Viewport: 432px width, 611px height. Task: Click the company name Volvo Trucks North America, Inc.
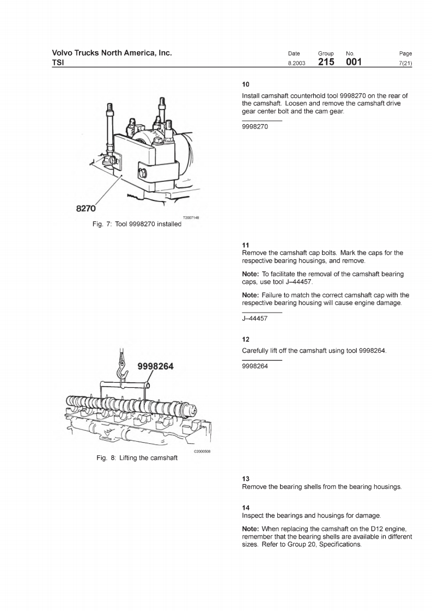pos(112,53)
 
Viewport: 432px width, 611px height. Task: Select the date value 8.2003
pos(296,64)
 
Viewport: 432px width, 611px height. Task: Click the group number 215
pos(326,63)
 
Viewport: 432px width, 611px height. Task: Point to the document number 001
pos(354,63)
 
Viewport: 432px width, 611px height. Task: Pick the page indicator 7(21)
pos(405,64)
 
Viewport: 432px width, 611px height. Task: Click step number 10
pos(246,84)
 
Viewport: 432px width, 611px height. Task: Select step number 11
pos(245,245)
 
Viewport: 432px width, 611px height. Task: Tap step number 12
pos(246,339)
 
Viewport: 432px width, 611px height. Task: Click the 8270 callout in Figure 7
pos(86,208)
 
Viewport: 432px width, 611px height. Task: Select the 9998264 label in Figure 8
pos(155,366)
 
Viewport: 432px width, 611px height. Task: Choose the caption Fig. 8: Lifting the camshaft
pos(137,458)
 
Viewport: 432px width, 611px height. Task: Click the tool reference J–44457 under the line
pos(254,319)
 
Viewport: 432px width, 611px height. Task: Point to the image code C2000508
pos(202,451)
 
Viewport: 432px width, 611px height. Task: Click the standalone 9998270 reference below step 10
pos(255,126)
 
